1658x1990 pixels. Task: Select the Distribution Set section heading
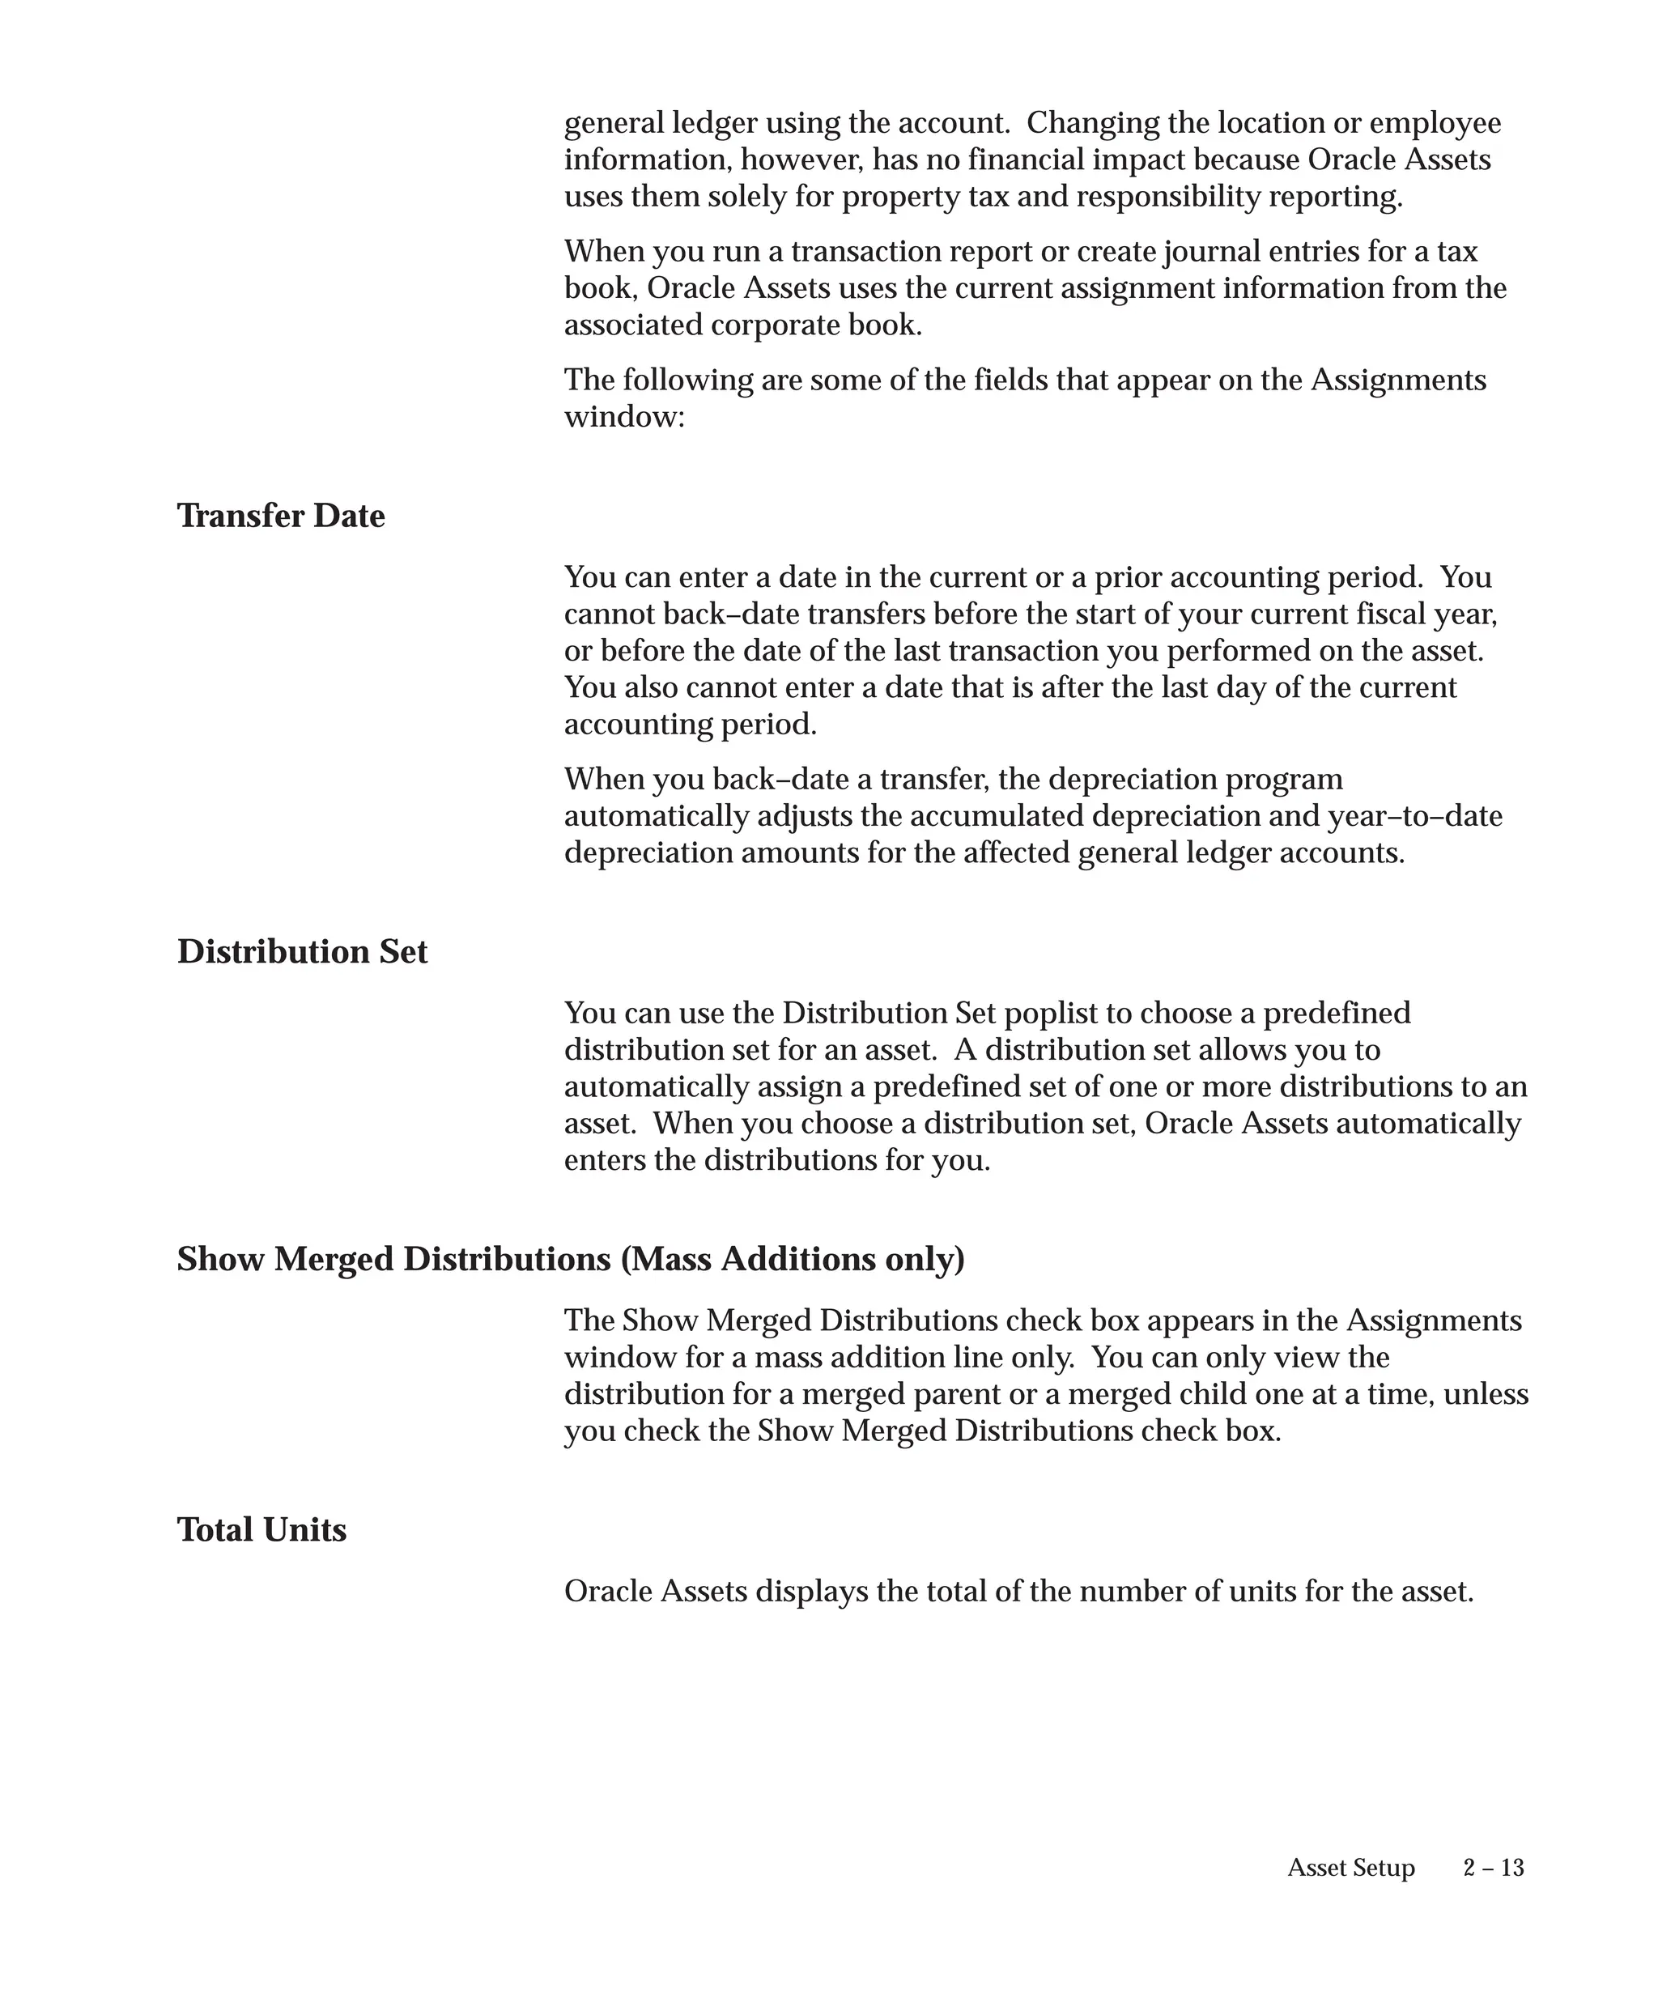pyautogui.click(x=302, y=951)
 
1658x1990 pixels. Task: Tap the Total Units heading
pyautogui.click(x=261, y=1529)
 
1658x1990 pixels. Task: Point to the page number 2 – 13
pyautogui.click(x=1493, y=1868)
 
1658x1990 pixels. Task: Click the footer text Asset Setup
pyautogui.click(x=1350, y=1868)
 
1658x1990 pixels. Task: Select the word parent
pyautogui.click(x=952, y=1394)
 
